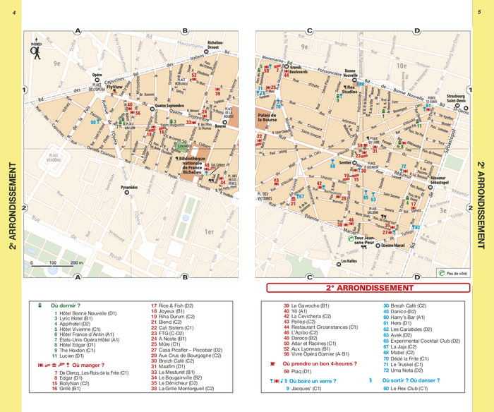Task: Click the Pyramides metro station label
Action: point(129,188)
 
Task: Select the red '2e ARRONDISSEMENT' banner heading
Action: point(359,288)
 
